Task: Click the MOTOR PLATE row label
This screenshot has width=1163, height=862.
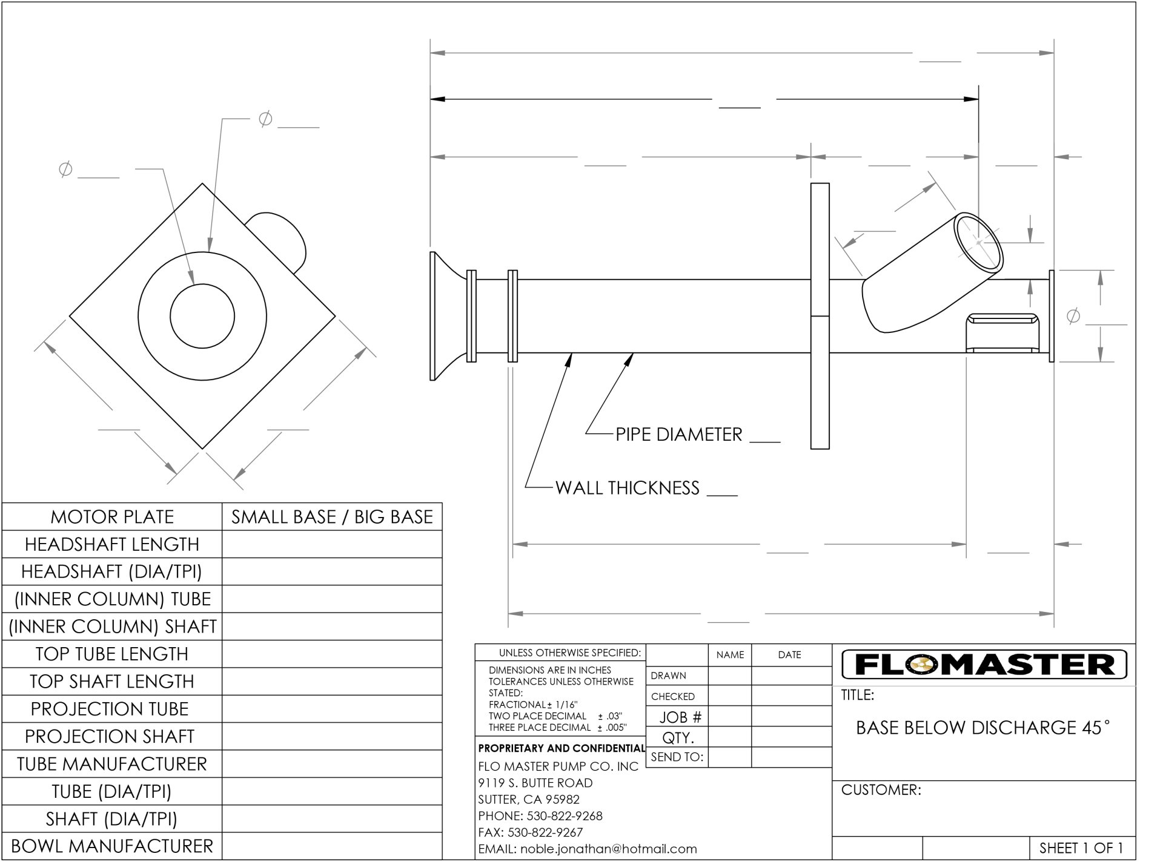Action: coord(112,517)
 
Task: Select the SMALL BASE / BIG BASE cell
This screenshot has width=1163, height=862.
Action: coord(332,517)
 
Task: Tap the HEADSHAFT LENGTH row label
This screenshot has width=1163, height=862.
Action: coord(112,544)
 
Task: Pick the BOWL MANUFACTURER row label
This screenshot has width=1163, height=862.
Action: coord(112,846)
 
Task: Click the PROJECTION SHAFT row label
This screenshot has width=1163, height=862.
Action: coord(110,736)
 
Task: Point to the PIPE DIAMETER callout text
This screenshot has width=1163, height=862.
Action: coord(678,435)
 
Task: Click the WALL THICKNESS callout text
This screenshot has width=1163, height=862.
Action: coord(627,488)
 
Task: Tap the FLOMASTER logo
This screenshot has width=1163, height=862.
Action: coord(984,665)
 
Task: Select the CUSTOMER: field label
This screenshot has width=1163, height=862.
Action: coord(881,790)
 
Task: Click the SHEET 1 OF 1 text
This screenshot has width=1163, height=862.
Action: coord(1081,848)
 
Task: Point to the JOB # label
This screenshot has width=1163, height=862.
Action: coord(680,717)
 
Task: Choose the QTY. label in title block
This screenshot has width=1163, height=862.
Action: coord(678,738)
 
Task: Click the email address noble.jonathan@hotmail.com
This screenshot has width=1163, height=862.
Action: coord(588,849)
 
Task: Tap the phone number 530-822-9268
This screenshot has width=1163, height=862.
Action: coord(564,816)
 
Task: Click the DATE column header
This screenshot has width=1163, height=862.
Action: coord(789,655)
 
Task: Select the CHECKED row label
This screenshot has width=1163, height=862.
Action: coord(672,697)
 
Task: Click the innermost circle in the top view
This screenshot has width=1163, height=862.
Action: coord(202,316)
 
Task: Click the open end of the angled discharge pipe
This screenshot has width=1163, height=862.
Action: coord(978,242)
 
